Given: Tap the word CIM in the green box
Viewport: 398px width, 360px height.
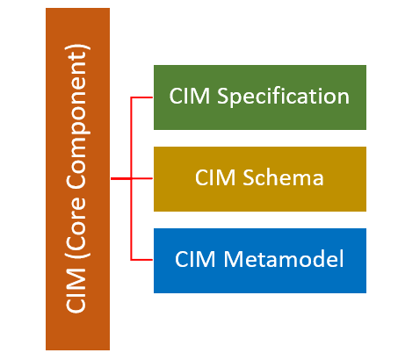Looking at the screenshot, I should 188,97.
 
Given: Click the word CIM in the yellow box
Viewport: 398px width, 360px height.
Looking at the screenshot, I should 213,178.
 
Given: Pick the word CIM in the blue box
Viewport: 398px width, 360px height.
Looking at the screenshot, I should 194,260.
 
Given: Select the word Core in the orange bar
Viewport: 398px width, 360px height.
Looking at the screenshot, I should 78,232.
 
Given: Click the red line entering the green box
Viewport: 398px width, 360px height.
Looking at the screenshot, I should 142,97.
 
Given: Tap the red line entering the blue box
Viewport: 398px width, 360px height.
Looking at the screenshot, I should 142,260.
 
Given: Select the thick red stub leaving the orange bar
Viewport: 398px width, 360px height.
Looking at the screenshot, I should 120,178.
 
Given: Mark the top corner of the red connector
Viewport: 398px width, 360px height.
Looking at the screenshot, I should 131,97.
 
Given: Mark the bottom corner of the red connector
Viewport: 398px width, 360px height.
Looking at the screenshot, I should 131,260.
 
